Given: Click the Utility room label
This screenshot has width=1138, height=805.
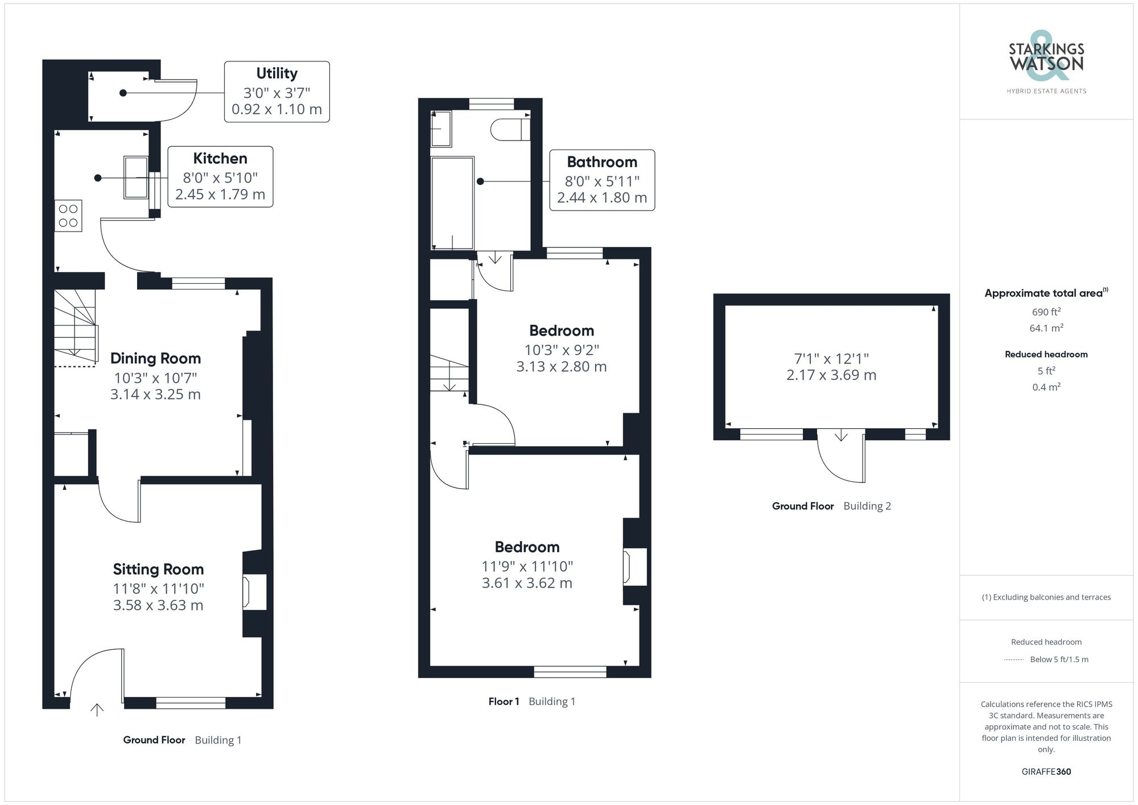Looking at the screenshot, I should tap(277, 74).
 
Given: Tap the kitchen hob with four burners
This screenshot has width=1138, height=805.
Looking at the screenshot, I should tap(68, 216).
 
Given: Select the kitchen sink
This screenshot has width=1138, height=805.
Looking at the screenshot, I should tap(136, 177).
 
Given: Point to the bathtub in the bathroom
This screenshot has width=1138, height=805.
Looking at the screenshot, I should tap(452, 203).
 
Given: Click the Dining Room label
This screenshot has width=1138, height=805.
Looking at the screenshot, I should tap(155, 358).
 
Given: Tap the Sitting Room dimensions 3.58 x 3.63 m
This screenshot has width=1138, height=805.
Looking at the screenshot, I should tap(158, 605).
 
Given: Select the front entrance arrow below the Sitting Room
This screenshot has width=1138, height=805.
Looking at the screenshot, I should tap(97, 709).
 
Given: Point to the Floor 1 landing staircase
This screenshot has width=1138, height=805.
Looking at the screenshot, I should tap(449, 373).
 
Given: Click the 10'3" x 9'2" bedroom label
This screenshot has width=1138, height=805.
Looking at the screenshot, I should tap(561, 331).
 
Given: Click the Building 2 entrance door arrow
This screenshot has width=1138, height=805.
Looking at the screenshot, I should tap(841, 436).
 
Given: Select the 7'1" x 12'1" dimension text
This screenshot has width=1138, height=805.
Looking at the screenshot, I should tap(831, 359).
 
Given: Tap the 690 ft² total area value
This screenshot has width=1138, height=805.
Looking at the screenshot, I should tap(1046, 312).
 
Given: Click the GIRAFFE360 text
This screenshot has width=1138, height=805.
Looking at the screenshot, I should tap(1046, 772).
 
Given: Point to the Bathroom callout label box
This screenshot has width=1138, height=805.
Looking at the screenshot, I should tap(601, 180).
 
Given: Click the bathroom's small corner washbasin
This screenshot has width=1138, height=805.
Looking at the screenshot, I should tap(440, 129).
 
